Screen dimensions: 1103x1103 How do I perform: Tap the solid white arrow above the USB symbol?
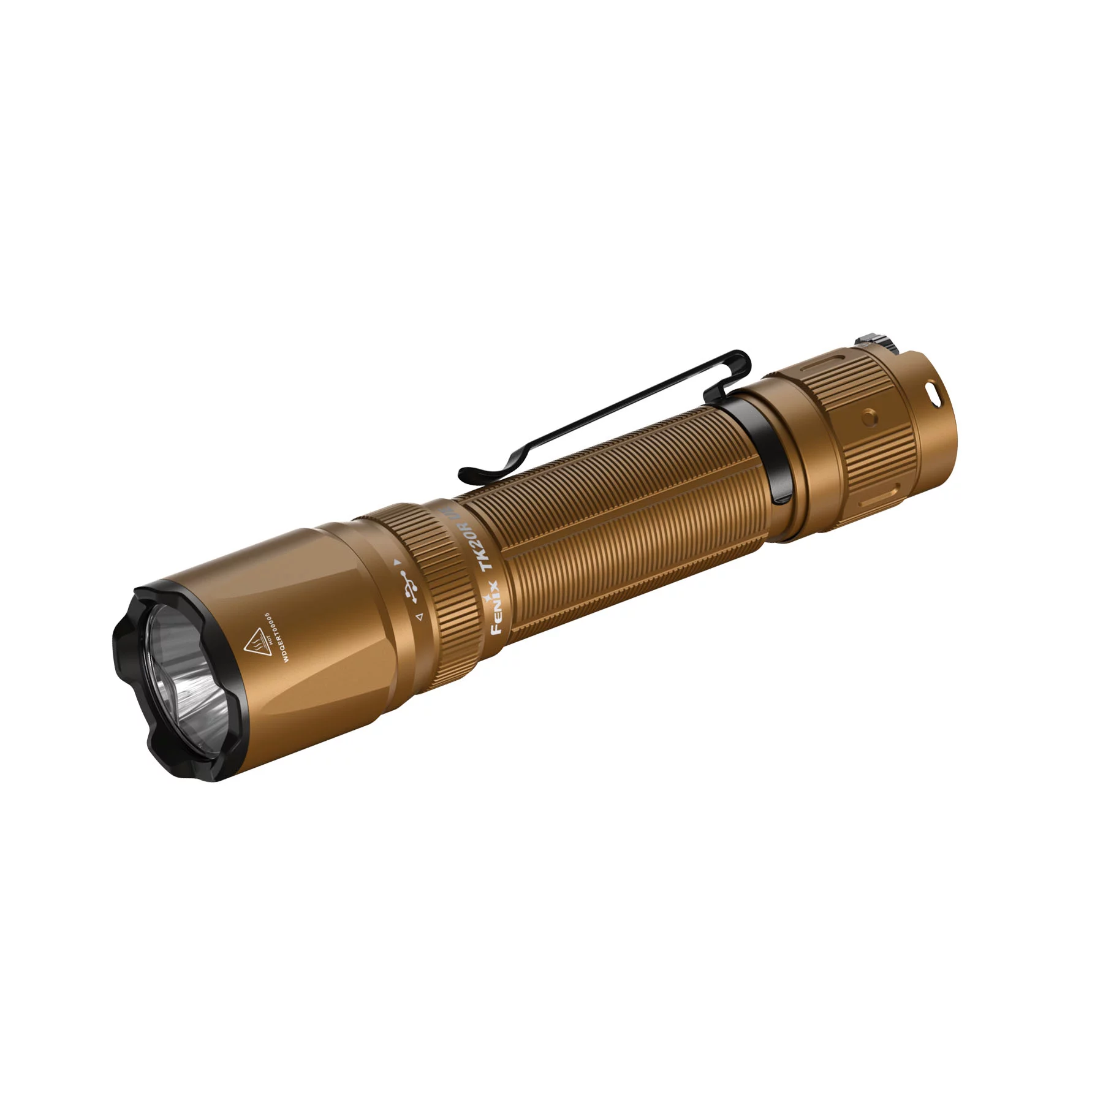tap(397, 561)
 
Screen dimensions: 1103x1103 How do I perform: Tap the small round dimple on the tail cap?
tap(866, 419)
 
